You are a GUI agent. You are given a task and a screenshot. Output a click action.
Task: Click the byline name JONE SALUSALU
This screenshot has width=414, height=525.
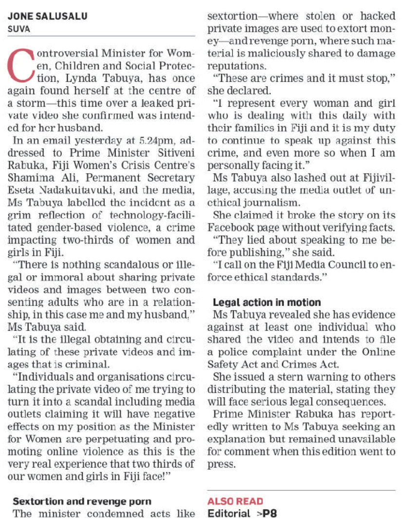(x=48, y=16)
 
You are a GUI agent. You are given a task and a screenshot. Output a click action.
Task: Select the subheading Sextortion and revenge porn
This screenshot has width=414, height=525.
(x=82, y=501)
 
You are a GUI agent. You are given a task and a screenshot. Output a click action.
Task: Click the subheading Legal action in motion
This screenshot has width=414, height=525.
(x=267, y=302)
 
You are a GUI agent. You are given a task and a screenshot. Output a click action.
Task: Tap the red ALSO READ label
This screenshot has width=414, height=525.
(x=235, y=501)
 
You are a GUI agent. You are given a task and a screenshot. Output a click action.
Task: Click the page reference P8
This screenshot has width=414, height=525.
(x=270, y=513)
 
